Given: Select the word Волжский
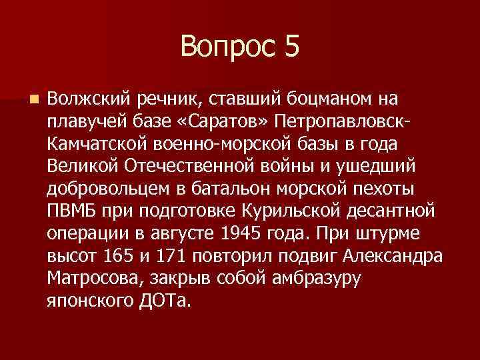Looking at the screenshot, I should [89, 100].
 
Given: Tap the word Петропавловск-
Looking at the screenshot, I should [347, 122].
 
